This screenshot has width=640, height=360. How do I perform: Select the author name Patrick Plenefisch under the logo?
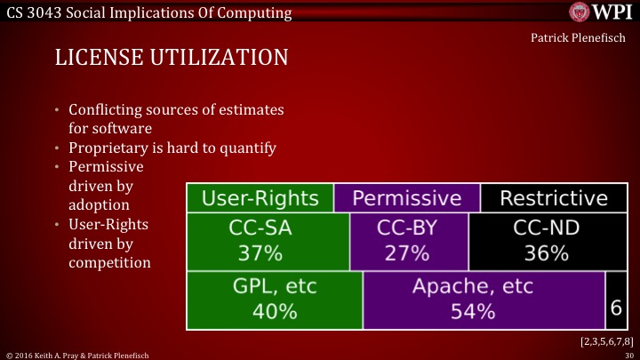click(582, 39)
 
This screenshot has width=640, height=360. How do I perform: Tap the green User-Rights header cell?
click(260, 197)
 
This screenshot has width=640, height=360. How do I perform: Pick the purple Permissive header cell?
click(407, 197)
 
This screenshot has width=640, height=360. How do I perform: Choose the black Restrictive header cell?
click(553, 197)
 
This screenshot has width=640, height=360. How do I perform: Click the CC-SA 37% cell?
click(260, 241)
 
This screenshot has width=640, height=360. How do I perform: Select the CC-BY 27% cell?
click(407, 241)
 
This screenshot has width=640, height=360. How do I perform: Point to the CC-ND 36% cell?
click(547, 241)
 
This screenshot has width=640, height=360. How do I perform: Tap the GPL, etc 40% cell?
click(274, 300)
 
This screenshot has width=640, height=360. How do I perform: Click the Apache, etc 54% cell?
click(484, 300)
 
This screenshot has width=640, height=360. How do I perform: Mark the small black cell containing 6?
click(615, 307)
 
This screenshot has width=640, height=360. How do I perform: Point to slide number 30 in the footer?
click(628, 354)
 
